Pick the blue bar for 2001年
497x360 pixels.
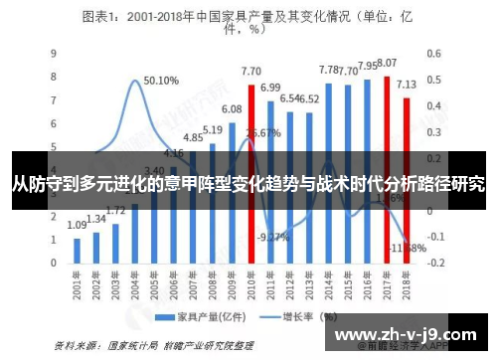(x=76, y=250)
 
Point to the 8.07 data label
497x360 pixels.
(x=387, y=63)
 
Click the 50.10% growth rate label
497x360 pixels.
(x=161, y=81)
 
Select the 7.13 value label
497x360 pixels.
(x=407, y=85)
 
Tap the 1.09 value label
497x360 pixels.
(x=78, y=226)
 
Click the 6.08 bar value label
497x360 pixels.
(x=232, y=109)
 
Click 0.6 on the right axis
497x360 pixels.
(x=434, y=54)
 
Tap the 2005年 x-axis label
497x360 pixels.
(x=155, y=289)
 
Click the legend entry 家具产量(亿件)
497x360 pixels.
(x=205, y=319)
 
